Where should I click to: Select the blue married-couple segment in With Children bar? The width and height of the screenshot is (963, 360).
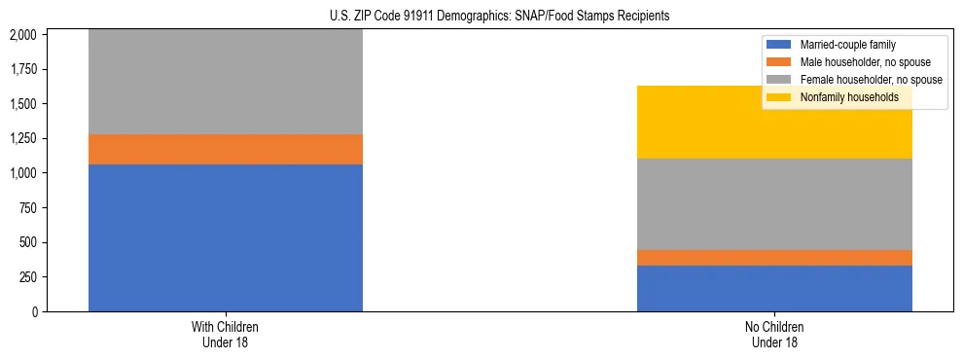point(225,237)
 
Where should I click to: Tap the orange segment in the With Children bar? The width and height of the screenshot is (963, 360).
point(225,149)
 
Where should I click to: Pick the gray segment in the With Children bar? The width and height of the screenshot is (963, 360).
point(225,83)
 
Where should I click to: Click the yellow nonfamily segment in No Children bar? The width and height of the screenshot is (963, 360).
point(774,122)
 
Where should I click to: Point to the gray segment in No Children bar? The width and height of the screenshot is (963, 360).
point(774,203)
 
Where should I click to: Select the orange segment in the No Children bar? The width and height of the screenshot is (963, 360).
point(774,257)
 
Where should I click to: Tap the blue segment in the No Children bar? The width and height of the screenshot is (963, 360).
point(774,288)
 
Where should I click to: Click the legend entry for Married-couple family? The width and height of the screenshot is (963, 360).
point(847,45)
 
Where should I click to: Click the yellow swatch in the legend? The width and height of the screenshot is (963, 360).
point(780,97)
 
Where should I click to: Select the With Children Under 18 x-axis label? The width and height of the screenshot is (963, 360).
point(225,335)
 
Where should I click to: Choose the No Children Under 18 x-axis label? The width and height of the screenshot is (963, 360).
point(774,335)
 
